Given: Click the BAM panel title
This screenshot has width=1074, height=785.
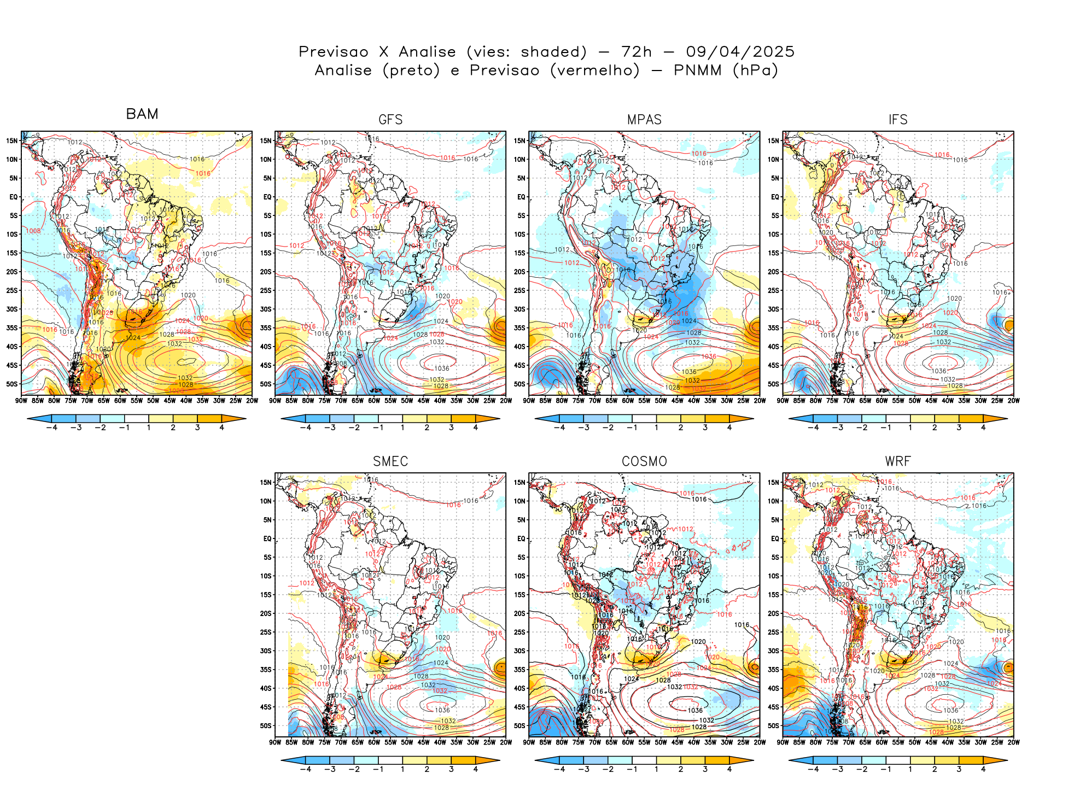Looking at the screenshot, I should point(142,114).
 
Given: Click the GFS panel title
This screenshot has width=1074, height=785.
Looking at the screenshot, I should point(390,120).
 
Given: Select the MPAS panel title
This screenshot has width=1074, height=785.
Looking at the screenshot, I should point(644,120).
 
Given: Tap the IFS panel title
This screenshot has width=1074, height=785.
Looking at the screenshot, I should point(898,120).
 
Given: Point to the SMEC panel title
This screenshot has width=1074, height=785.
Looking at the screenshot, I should point(390,461).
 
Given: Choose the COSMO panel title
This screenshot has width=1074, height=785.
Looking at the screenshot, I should point(644,461).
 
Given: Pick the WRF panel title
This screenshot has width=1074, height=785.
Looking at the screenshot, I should point(898,461).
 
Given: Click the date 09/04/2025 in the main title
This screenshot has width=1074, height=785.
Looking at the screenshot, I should point(740,52).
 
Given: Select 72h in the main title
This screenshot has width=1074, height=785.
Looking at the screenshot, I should point(637,52).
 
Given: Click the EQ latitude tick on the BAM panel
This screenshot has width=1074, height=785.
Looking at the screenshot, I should point(14,197).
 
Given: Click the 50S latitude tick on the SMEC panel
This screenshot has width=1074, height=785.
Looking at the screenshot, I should point(266,725).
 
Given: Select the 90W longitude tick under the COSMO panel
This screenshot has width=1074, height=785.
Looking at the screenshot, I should point(529,742).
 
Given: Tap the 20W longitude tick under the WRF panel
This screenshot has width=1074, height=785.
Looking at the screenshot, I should point(1013,742).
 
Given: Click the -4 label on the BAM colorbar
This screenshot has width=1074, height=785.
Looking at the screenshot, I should point(51,427).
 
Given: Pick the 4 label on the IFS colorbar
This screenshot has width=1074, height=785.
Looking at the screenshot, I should point(983,427).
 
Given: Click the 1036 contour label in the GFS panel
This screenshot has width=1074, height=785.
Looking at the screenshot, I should point(442,368).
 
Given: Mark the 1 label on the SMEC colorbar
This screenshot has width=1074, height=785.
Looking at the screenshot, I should point(402,769).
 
